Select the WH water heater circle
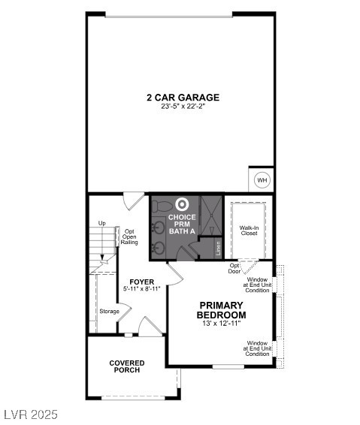pos(262,180)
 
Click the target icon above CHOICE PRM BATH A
pos(181,203)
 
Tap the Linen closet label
pos(218,247)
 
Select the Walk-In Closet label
pos(250,230)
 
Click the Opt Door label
pos(235,268)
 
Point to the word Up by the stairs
pos(102,223)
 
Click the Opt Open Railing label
pos(130,237)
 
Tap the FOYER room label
pos(141,281)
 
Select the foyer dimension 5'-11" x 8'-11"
pos(141,288)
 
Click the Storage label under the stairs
pos(109,311)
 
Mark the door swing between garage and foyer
pos(134,200)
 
